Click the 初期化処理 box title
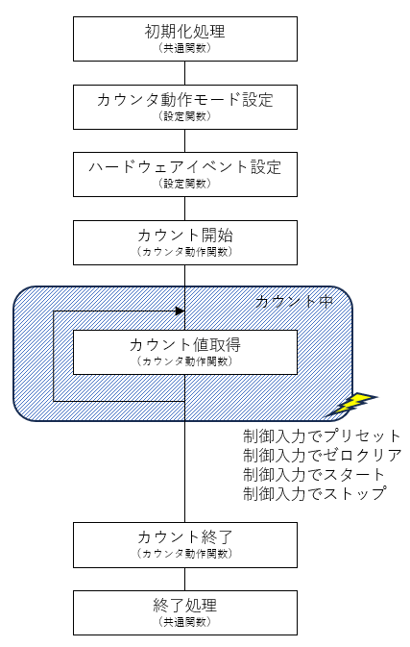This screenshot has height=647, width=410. click(185, 32)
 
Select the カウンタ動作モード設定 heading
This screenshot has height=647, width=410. click(185, 100)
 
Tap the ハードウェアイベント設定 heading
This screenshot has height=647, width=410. click(185, 167)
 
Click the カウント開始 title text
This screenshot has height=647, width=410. click(185, 236)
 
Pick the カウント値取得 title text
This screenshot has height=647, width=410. click(185, 344)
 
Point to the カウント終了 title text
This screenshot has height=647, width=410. click(185, 537)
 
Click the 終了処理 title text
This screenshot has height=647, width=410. click(185, 606)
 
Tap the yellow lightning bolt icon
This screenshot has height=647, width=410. click(351, 404)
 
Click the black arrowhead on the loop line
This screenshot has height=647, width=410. click(181, 311)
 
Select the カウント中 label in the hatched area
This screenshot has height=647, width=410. click(294, 302)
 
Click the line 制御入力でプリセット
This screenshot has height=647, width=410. click(322, 436)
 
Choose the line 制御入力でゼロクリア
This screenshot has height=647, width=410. click(323, 455)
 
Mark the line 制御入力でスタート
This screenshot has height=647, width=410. click(314, 475)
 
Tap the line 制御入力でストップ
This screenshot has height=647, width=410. click(315, 493)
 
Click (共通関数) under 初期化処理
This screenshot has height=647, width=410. click(185, 48)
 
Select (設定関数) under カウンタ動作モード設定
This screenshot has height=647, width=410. click(185, 116)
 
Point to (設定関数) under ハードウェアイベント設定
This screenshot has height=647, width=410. click(185, 184)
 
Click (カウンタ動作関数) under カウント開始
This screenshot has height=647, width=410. click(185, 252)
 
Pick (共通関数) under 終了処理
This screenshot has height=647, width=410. click(185, 622)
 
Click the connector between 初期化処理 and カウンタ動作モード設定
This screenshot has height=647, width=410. click(185, 73)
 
